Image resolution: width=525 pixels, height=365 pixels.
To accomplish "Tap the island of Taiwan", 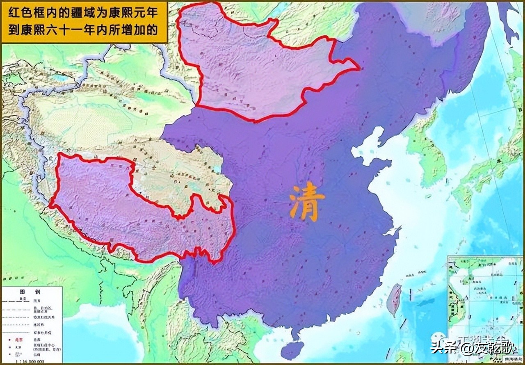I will point(395,299).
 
